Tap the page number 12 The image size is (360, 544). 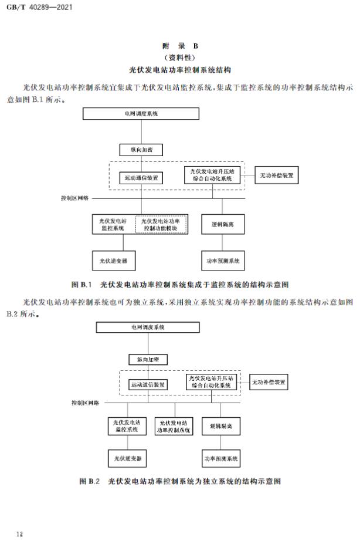19,533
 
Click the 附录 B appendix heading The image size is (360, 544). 180,46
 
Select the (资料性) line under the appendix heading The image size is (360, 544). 180,58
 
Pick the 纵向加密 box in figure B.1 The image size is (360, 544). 141,150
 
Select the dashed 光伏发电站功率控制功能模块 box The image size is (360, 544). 161,224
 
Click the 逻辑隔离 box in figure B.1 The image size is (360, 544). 222,224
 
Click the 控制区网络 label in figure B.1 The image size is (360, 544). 74,198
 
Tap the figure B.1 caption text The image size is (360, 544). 180,285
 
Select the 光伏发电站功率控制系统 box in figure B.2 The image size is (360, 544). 174,427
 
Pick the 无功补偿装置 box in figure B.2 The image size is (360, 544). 268,383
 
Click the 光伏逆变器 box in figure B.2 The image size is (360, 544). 127,458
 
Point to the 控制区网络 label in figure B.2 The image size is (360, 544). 86,403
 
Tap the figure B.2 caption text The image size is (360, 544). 180,481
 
